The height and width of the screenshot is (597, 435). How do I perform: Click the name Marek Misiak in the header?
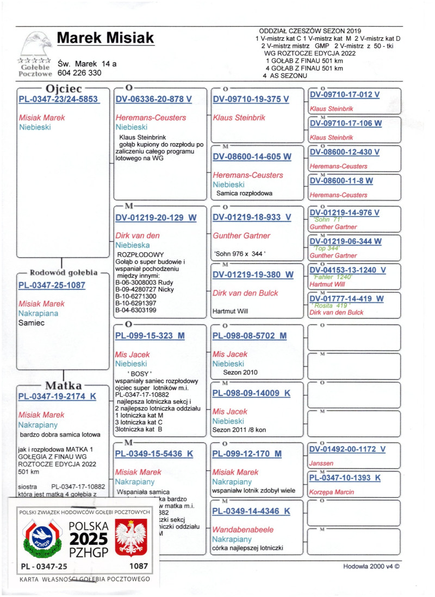pyautogui.click(x=105, y=38)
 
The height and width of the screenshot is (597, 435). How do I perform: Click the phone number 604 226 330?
pyautogui.click(x=79, y=73)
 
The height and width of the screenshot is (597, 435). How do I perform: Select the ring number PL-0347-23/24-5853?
pyautogui.click(x=58, y=99)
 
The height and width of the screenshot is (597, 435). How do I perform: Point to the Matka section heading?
pyautogui.click(x=64, y=386)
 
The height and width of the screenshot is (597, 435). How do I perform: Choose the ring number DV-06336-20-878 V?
pyautogui.click(x=154, y=99)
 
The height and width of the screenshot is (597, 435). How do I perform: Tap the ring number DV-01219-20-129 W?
pyautogui.click(x=156, y=218)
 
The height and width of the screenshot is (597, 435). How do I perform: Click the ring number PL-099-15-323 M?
pyautogui.click(x=150, y=336)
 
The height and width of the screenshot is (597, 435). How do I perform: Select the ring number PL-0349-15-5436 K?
pyautogui.click(x=154, y=454)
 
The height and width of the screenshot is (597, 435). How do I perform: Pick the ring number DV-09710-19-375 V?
pyautogui.click(x=251, y=99)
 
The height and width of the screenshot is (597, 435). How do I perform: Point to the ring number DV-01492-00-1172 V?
pyautogui.click(x=347, y=449)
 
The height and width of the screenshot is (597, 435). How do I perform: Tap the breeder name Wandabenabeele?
pyautogui.click(x=243, y=529)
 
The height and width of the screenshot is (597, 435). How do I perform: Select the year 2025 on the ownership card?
pyautogui.click(x=88, y=539)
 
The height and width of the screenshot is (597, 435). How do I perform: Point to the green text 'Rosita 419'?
pyautogui.click(x=331, y=306)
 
